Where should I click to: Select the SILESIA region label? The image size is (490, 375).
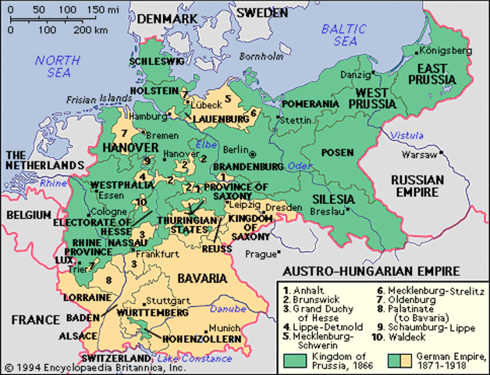pos(333,199)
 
